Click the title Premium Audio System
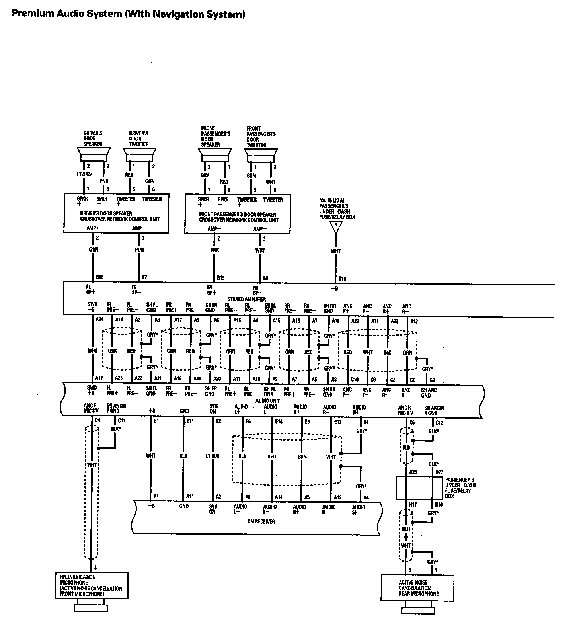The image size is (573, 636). pos(128,14)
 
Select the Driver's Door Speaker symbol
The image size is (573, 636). pos(93,154)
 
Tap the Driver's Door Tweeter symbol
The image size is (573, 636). pos(139,154)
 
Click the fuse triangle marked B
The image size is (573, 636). pos(336,226)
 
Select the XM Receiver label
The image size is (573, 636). pos(263,521)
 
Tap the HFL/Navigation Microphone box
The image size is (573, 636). pos(92,585)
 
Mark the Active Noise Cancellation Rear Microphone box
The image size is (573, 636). pos(417,588)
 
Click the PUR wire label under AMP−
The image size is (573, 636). pos(139,250)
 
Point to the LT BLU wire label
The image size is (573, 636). pos(213,456)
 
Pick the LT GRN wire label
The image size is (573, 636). pos(84,174)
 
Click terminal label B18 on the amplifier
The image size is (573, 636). pos(342,278)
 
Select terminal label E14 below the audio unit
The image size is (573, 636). pos(279,422)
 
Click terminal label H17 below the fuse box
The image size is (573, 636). pos(412,504)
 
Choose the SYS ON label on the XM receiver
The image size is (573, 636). pos(213,509)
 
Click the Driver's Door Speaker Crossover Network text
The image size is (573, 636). pos(120,217)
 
